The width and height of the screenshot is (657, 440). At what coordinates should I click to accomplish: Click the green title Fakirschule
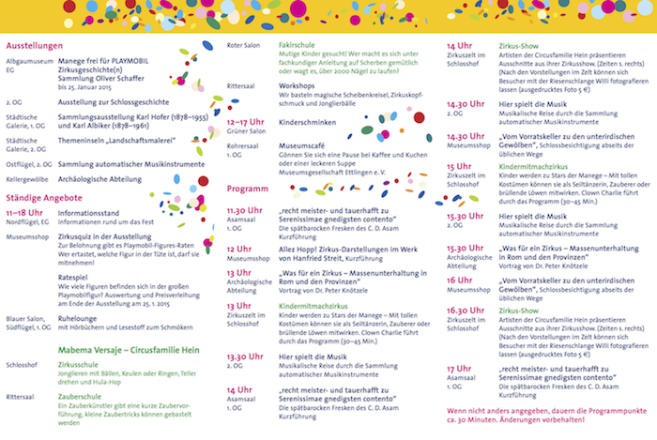click(297, 45)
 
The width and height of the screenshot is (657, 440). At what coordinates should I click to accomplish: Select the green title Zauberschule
click(79, 397)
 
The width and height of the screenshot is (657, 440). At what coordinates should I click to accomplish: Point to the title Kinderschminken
click(309, 121)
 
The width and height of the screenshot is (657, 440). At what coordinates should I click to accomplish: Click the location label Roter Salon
click(245, 45)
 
